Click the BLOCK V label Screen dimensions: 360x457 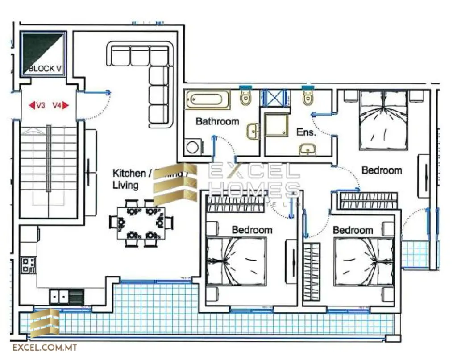(x=44, y=69)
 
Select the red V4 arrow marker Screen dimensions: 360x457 (x=60, y=106)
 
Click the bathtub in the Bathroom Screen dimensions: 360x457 (x=208, y=99)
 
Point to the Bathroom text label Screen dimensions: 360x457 (x=217, y=121)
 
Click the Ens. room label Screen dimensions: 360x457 (x=306, y=132)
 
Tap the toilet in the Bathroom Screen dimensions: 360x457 (x=245, y=97)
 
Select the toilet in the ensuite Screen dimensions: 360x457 (x=307, y=97)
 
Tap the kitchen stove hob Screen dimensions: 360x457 (x=29, y=265)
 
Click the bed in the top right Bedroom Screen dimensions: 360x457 (x=384, y=120)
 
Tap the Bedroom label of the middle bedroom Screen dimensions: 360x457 (x=252, y=230)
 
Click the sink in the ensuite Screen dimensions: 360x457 (x=307, y=149)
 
